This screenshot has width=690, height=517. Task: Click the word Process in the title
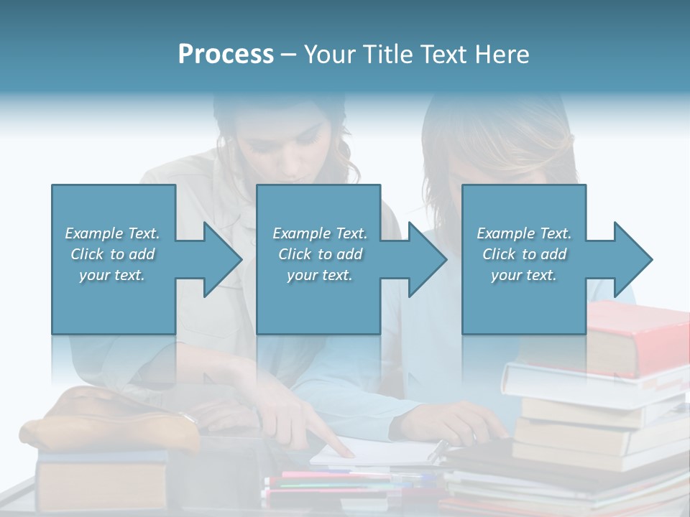[x=226, y=55]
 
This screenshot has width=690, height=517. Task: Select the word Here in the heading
[x=502, y=55]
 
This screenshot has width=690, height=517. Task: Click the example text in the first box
[x=112, y=254]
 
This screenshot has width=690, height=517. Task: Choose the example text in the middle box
[x=319, y=254]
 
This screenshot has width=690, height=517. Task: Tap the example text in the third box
[x=523, y=254]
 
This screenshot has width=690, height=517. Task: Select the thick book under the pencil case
[x=101, y=485]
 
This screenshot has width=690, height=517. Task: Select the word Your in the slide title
[x=330, y=55]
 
